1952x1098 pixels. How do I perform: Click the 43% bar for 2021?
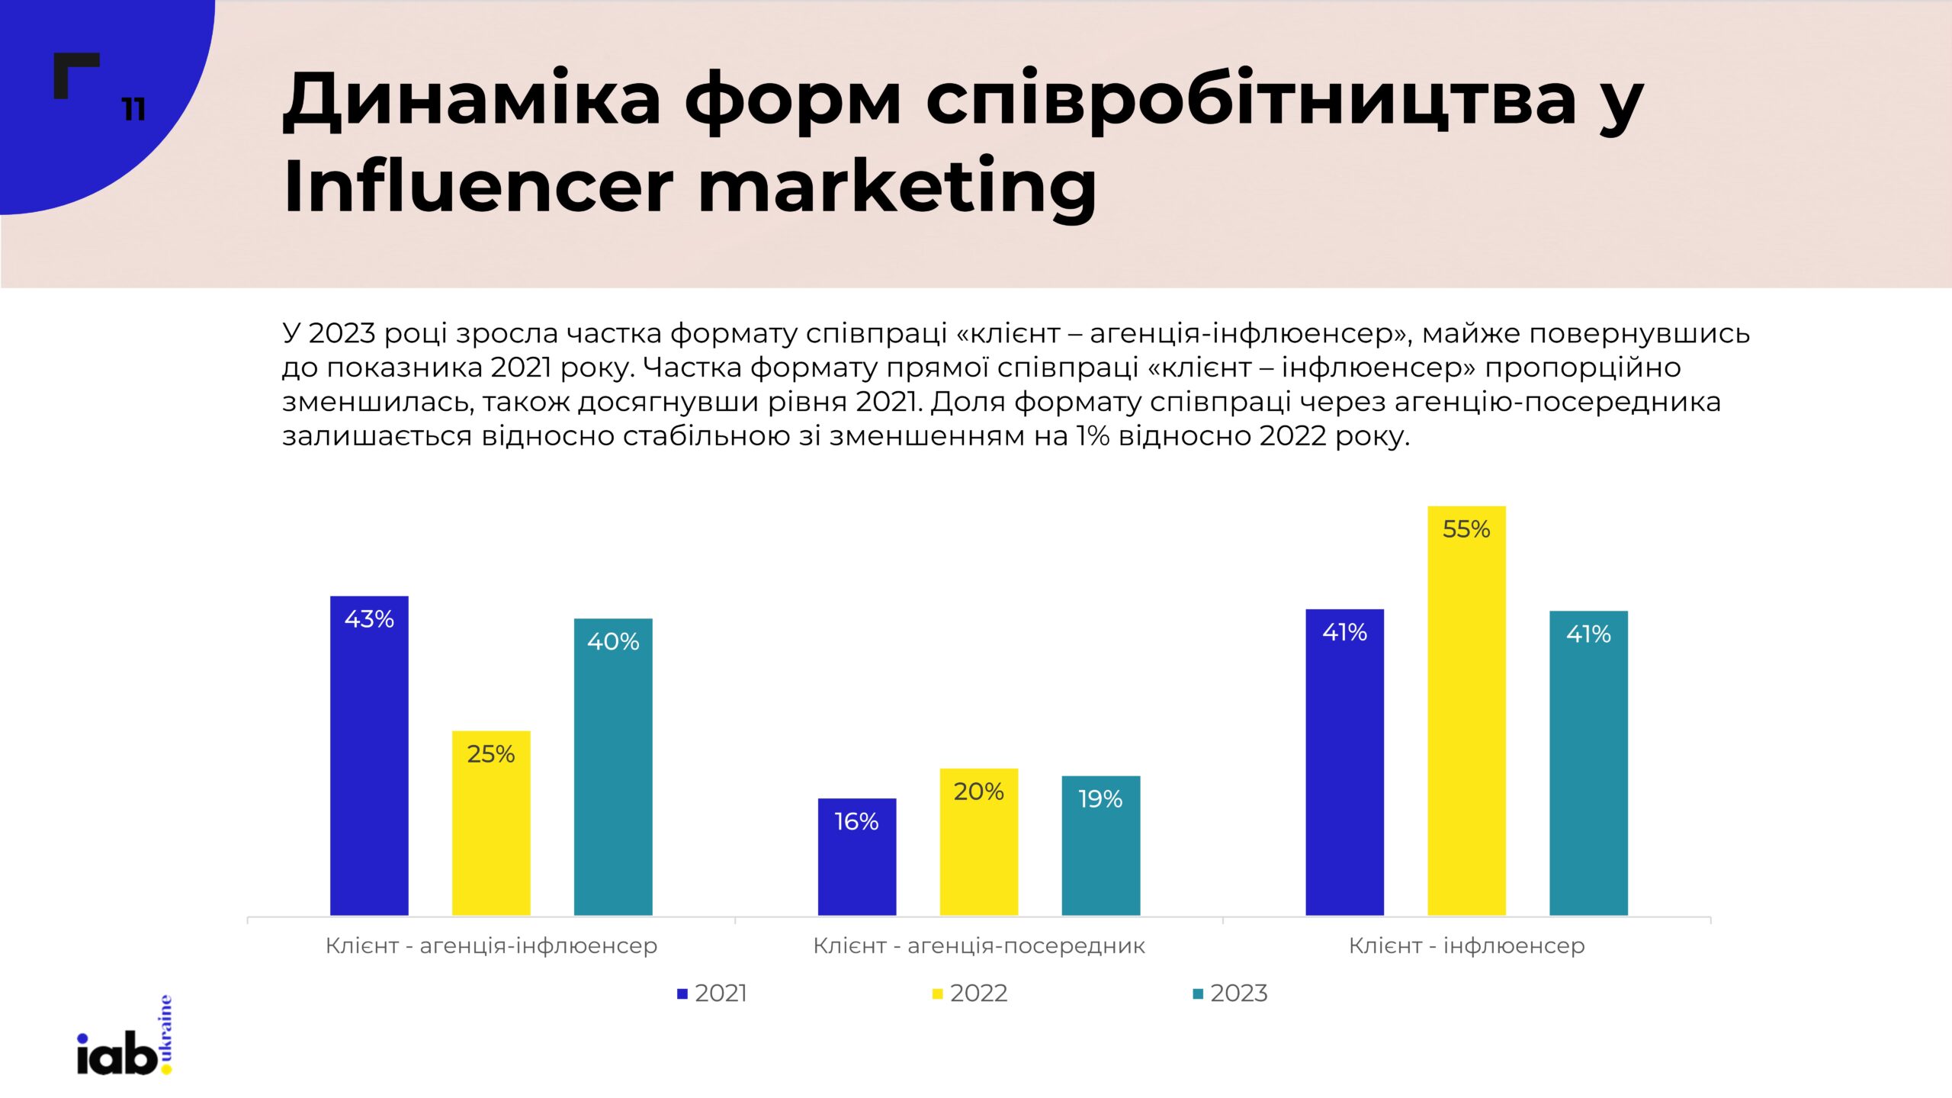click(x=369, y=755)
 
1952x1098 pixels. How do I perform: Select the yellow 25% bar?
click(x=491, y=823)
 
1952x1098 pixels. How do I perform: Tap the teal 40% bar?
click(x=613, y=766)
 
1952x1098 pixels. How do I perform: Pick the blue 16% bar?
click(x=857, y=857)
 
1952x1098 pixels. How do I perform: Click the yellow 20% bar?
click(x=979, y=842)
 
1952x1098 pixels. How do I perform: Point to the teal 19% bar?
click(x=1101, y=846)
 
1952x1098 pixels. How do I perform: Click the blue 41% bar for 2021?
click(x=1344, y=762)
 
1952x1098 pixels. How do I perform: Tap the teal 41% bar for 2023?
click(x=1588, y=762)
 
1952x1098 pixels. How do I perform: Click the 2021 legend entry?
click(x=712, y=993)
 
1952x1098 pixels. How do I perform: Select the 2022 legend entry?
click(x=970, y=993)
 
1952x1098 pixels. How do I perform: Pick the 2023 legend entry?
click(x=1230, y=993)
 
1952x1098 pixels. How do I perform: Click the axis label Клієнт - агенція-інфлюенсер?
click(x=491, y=945)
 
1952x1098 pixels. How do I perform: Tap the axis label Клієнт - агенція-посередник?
click(x=979, y=945)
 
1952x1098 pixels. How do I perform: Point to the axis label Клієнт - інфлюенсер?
click(x=1466, y=945)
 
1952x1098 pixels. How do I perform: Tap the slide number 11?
click(x=134, y=110)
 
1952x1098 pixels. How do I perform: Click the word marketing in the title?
click(x=897, y=186)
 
